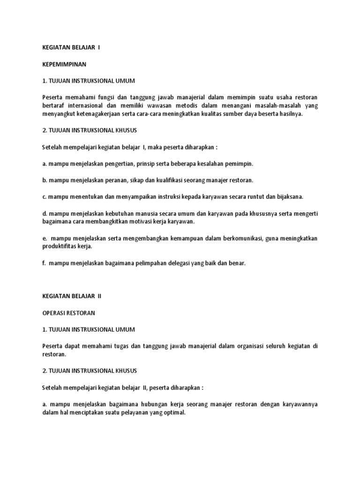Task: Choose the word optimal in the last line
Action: tap(174, 412)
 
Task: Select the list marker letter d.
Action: tap(44, 213)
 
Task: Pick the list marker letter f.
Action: tap(44, 263)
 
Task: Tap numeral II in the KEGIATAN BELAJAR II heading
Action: tap(99, 296)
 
